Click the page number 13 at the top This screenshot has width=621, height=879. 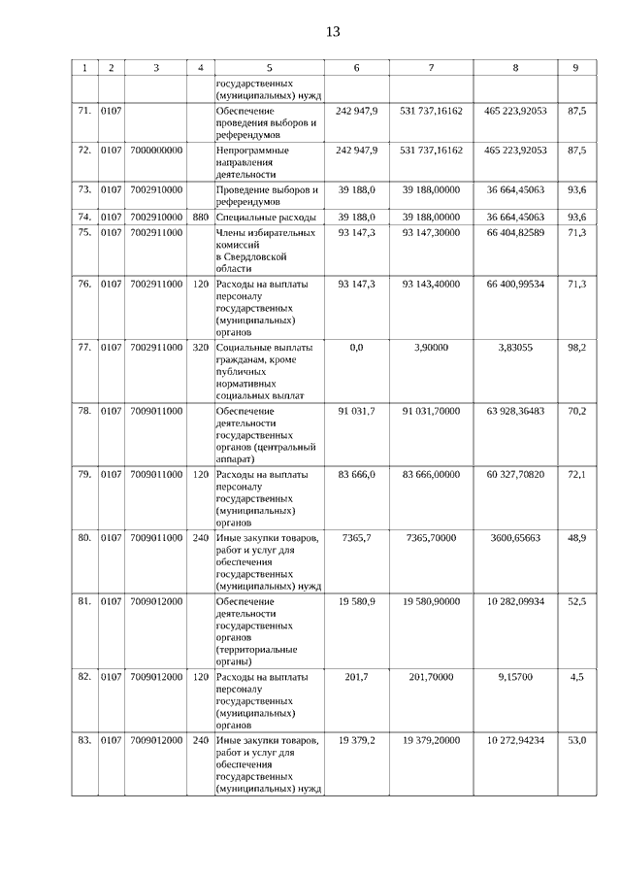tap(333, 31)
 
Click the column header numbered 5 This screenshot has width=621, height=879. tap(269, 68)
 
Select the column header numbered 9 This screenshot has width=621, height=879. tap(576, 68)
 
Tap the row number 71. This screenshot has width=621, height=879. tap(84, 112)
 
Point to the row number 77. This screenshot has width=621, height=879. tap(84, 347)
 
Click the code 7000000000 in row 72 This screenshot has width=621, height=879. tap(156, 152)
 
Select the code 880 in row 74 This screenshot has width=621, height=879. tap(201, 218)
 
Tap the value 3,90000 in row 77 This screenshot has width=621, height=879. tap(431, 347)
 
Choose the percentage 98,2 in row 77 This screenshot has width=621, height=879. tap(576, 347)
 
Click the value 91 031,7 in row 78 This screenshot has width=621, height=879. tap(356, 411)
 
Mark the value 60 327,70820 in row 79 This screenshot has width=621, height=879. tap(515, 474)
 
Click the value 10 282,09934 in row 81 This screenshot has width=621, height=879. tap(515, 601)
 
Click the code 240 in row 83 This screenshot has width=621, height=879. tap(201, 740)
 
